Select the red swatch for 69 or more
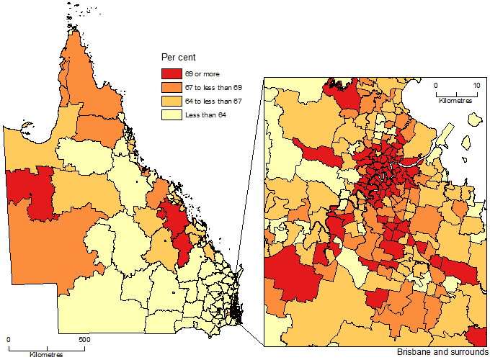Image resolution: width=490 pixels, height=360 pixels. click(x=171, y=73)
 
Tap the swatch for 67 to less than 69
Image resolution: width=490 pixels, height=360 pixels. click(x=171, y=87)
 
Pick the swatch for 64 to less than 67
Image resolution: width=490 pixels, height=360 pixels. click(x=171, y=101)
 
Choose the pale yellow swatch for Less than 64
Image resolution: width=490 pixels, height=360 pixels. click(x=171, y=115)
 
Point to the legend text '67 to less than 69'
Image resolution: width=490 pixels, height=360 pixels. click(x=213, y=87)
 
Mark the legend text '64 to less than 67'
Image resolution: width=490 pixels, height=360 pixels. click(x=213, y=102)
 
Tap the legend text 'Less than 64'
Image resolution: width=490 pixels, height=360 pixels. click(x=205, y=115)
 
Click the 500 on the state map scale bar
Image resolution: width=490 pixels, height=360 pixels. click(x=84, y=339)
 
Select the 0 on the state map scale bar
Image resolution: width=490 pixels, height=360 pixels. click(x=9, y=339)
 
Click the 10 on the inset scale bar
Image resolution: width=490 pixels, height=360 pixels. click(x=476, y=85)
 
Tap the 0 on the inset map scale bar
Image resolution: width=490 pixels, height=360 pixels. click(x=435, y=85)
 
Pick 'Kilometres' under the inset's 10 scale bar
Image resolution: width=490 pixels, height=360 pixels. click(x=455, y=102)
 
